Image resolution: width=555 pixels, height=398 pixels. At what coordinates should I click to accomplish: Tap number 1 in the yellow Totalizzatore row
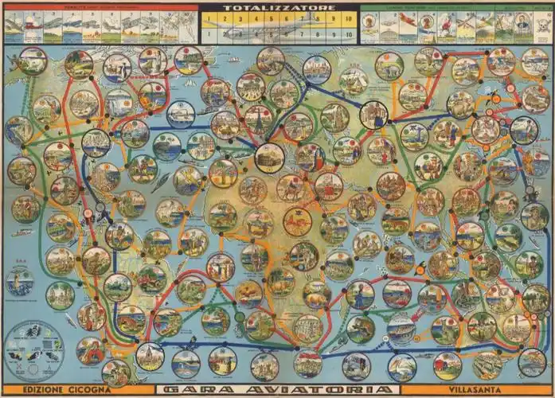(x=208, y=17)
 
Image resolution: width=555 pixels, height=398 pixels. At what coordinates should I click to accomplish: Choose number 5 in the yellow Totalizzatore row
(x=271, y=17)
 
